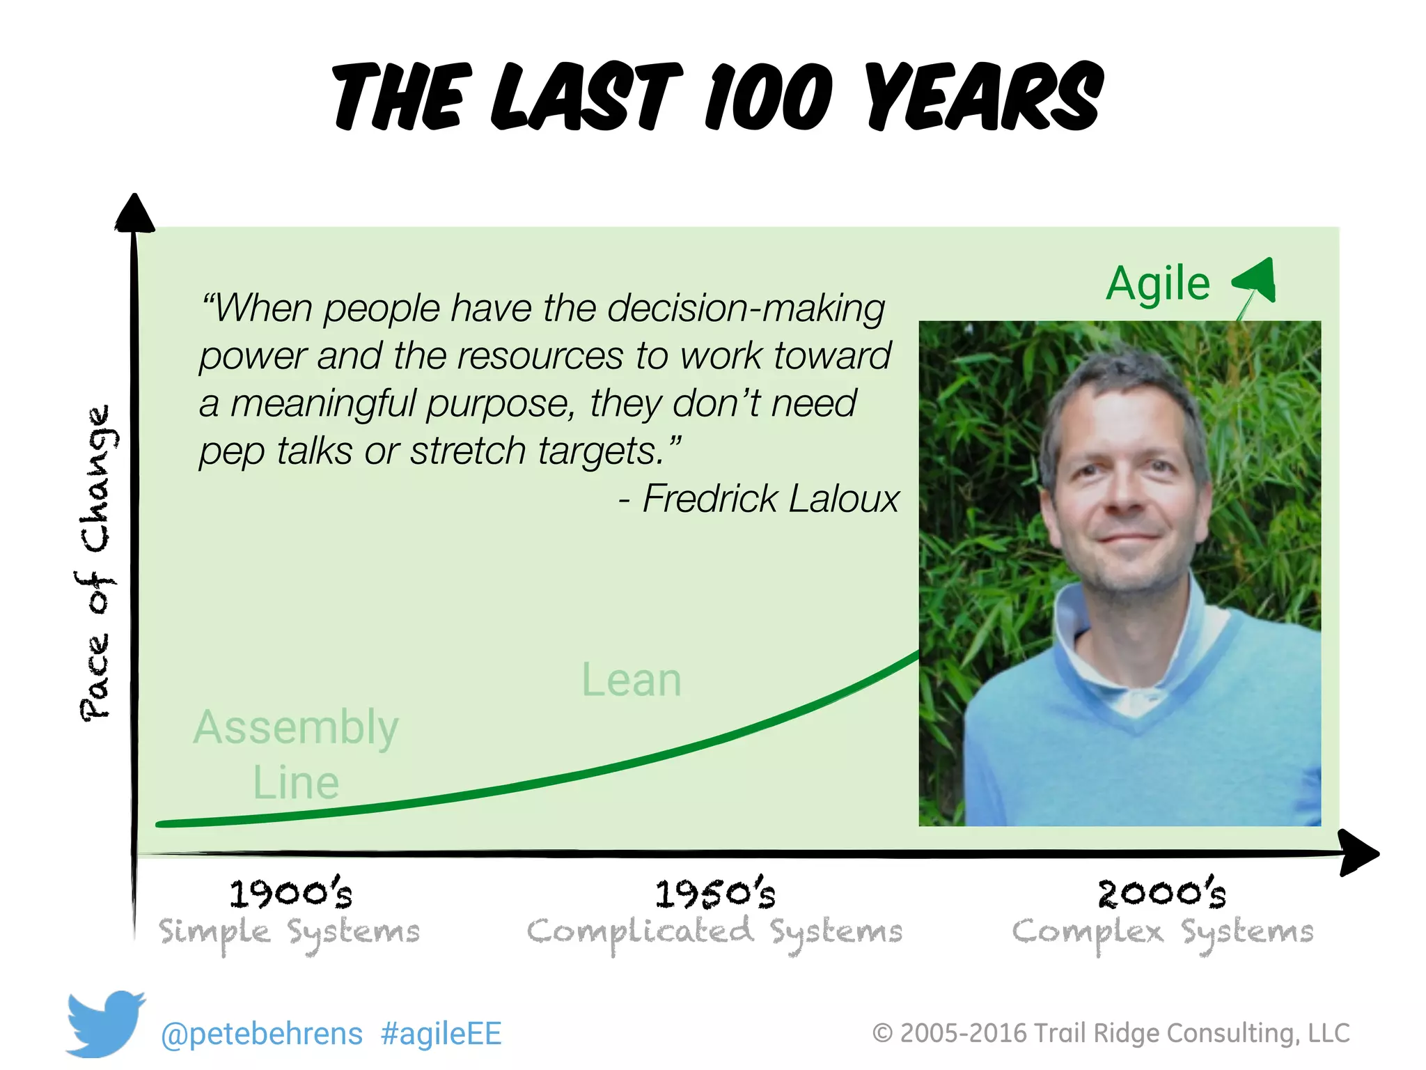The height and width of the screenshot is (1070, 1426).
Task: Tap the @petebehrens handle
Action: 262,1034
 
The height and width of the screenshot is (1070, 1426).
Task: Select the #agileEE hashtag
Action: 441,1034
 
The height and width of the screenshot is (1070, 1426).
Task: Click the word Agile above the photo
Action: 1158,284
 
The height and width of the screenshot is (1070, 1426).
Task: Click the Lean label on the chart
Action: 632,680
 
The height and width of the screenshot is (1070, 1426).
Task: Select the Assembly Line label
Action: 296,754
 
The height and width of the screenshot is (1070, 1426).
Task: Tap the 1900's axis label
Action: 291,894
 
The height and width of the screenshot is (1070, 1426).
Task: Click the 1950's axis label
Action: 715,894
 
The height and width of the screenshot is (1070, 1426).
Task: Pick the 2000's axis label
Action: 1161,894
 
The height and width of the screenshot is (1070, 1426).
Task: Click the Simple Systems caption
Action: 289,933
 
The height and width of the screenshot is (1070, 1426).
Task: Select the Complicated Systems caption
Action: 714,933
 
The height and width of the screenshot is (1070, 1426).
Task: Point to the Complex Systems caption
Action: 1162,933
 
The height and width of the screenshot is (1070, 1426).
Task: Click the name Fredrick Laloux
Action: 771,499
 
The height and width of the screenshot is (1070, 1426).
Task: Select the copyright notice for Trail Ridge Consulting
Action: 1111,1033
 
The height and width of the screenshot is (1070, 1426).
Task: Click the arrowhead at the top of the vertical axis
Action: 134,213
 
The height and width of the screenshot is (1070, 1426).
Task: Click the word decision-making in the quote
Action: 746,308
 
